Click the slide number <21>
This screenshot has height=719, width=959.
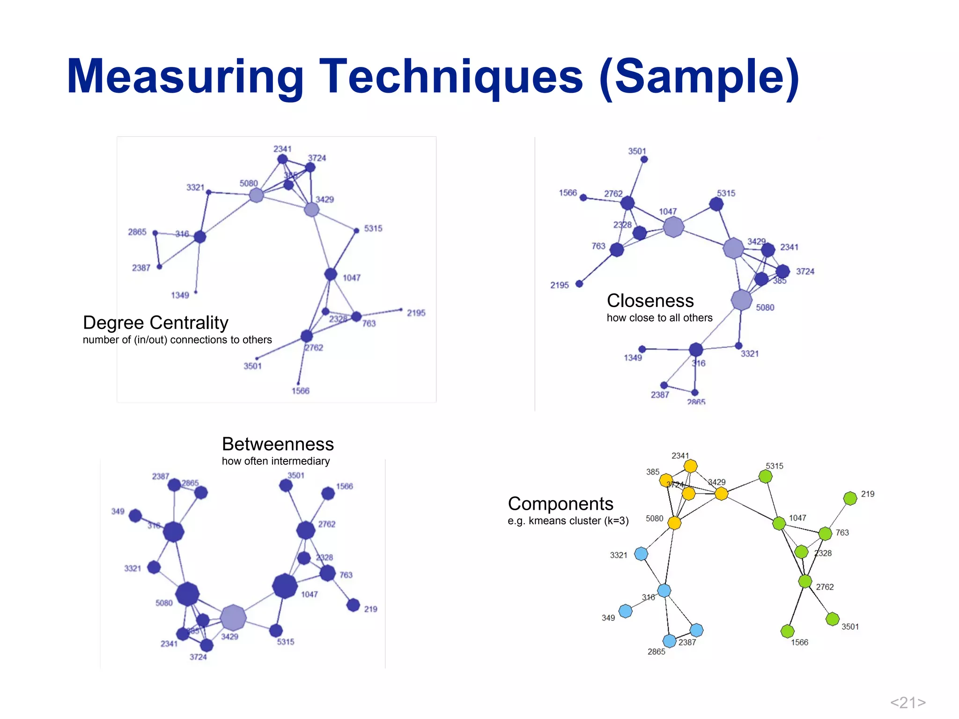coord(907,702)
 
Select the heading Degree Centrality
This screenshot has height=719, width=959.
coord(155,323)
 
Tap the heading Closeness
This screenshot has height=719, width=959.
coord(650,301)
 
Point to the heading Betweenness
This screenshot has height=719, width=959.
coord(278,444)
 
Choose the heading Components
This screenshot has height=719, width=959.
coord(561,504)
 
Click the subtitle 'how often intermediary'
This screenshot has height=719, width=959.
coord(276,461)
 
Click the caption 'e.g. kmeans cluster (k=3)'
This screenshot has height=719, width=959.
coord(568,521)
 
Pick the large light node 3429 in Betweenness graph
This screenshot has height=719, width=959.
coord(233,617)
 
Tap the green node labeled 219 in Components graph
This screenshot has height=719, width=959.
coord(850,498)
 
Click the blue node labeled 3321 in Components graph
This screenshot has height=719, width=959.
coord(641,554)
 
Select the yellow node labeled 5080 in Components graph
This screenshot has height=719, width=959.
coord(674,523)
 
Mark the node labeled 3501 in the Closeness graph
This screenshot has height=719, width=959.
coord(644,160)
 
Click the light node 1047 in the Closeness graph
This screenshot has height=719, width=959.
coord(673,227)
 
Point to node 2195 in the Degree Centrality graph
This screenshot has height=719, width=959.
coord(401,309)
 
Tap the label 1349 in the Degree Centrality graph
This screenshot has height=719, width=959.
coord(180,295)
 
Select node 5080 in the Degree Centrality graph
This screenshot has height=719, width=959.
coord(256,195)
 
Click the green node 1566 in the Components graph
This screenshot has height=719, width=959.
coord(787,631)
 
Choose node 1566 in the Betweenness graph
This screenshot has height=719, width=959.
coord(328,493)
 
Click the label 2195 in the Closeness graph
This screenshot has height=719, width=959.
coord(560,285)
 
